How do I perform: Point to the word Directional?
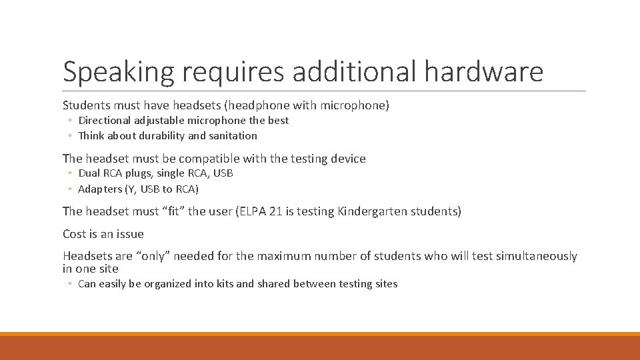pyautogui.click(x=107, y=121)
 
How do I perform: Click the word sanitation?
pyautogui.click(x=233, y=136)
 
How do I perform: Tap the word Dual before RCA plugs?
pyautogui.click(x=89, y=173)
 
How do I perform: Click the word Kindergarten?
pyautogui.click(x=376, y=212)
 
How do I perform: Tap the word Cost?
pyautogui.click(x=75, y=234)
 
